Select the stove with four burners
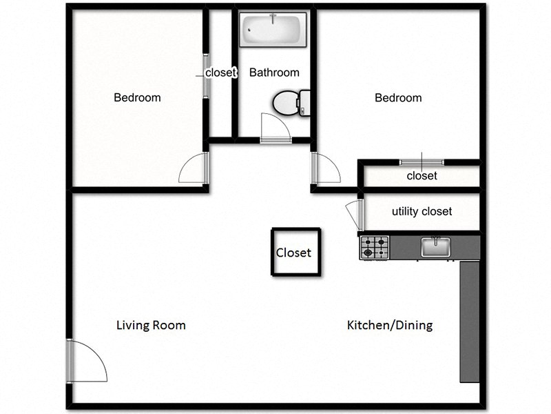[375, 248]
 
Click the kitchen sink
[435, 246]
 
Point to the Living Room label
[151, 326]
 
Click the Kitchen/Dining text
[390, 326]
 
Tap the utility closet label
[422, 212]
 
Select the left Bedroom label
[137, 98]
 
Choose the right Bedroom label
[398, 98]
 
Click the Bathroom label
[274, 72]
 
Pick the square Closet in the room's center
[294, 253]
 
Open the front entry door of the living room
[86, 362]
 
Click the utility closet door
[353, 215]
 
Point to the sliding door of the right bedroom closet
[422, 163]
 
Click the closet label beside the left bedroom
[220, 72]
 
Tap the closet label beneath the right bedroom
[422, 176]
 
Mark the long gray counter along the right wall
[469, 321]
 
